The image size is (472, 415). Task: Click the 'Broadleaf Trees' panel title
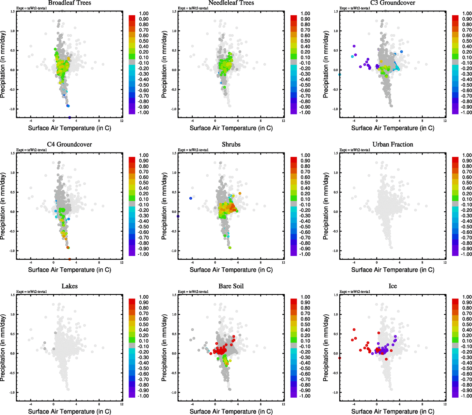click(x=69, y=3)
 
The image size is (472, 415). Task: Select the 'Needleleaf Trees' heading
click(x=231, y=3)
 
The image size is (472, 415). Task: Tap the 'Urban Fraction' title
click(x=393, y=145)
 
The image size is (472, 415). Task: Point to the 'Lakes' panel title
click(x=69, y=286)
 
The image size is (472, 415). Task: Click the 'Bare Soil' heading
click(x=231, y=286)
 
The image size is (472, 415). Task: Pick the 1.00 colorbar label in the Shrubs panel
click(x=305, y=155)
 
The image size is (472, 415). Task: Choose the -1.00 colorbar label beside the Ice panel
click(x=466, y=396)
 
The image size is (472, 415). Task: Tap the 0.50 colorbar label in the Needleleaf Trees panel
click(x=305, y=41)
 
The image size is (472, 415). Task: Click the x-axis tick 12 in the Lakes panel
click(x=122, y=404)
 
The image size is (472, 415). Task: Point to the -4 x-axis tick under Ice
click(x=354, y=404)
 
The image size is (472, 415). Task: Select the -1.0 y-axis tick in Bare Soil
click(x=174, y=393)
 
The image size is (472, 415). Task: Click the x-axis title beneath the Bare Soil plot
click(x=231, y=412)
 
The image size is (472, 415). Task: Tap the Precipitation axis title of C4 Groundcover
click(x=3, y=206)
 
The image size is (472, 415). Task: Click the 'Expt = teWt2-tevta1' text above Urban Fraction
click(x=355, y=150)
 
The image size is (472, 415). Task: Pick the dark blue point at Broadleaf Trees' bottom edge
click(x=69, y=118)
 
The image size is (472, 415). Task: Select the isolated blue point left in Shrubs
click(x=191, y=198)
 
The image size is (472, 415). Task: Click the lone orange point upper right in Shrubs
click(x=240, y=193)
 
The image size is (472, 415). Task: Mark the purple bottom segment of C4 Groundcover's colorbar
click(x=132, y=253)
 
